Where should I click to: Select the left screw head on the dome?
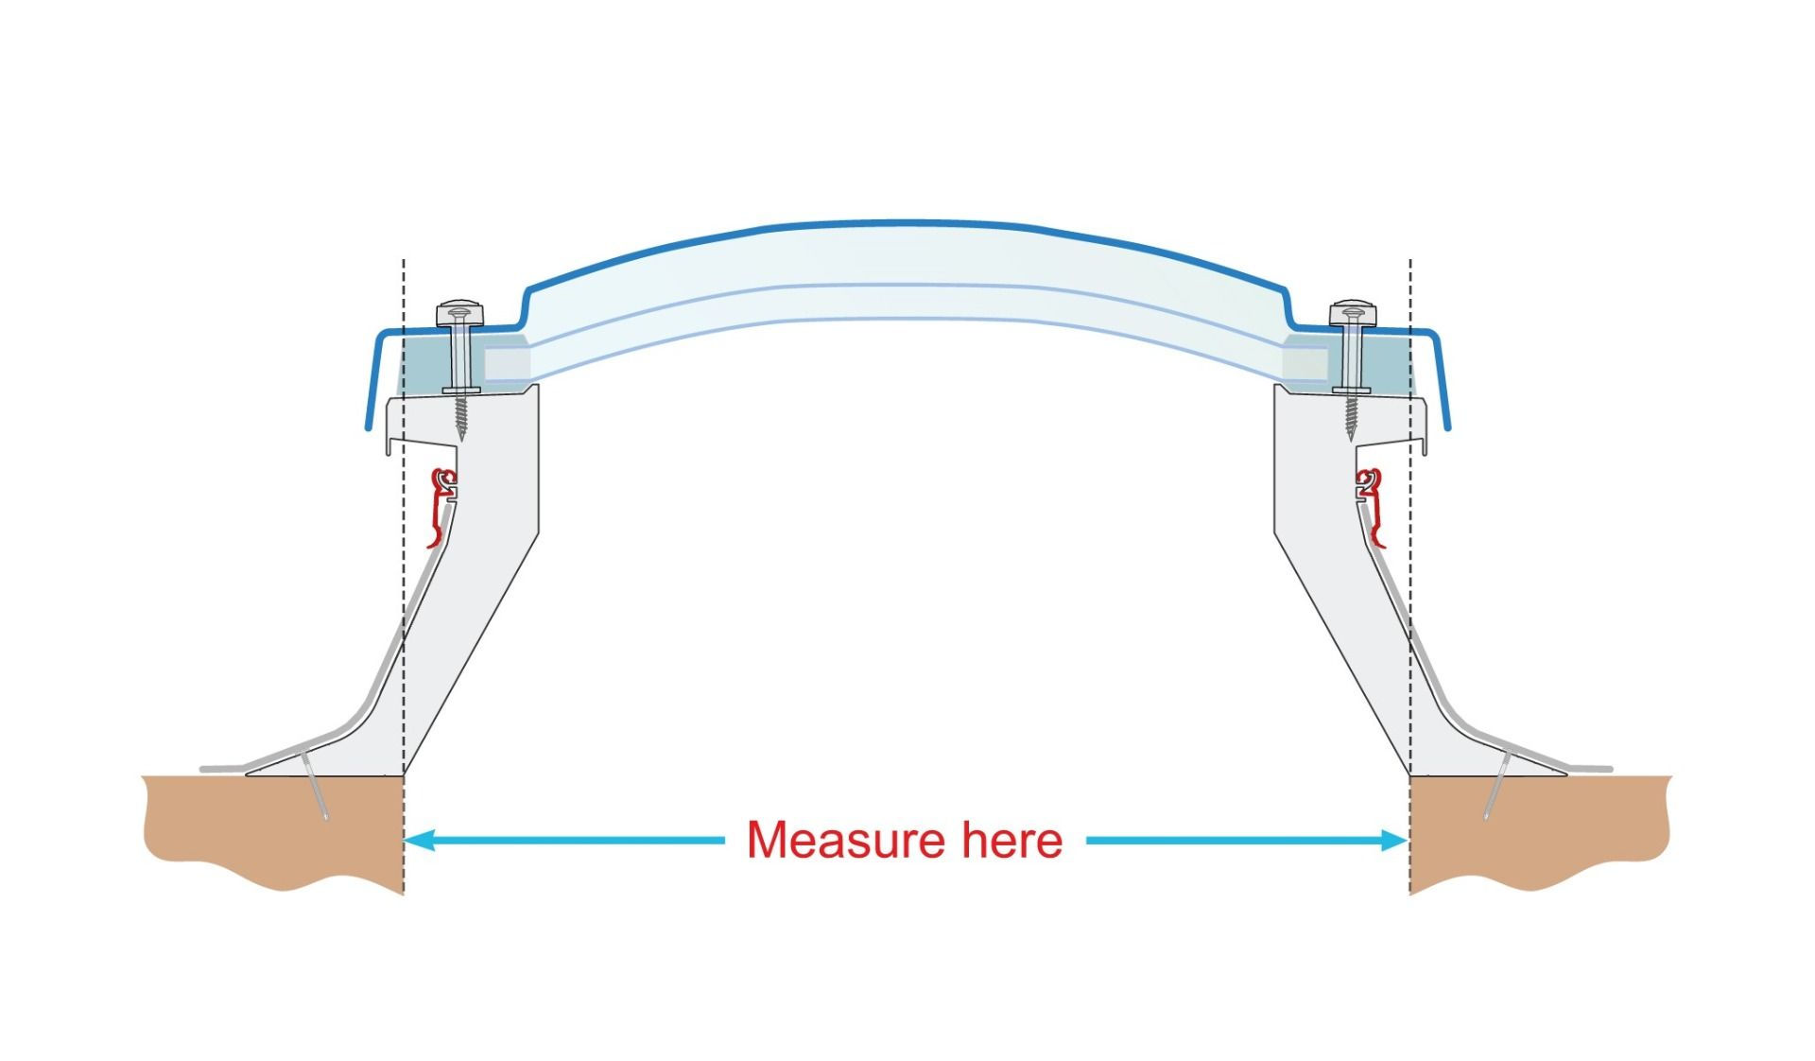(x=459, y=312)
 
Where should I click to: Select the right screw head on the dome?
(x=1353, y=312)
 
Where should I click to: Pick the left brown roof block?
(x=274, y=827)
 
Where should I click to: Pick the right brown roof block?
(x=1541, y=827)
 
